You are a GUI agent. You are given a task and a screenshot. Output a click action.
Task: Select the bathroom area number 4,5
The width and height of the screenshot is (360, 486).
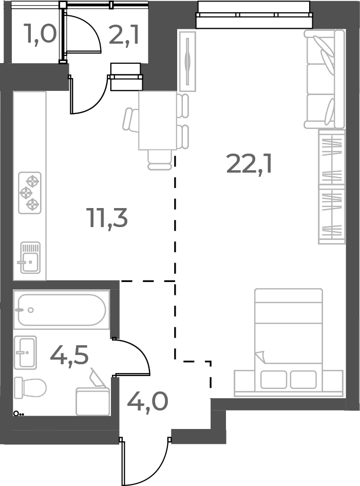pos(69,354)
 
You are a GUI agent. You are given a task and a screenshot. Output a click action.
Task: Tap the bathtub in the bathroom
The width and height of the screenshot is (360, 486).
pos(61,310)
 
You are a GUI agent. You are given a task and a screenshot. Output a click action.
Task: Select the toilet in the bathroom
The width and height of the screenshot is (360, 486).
pos(30,387)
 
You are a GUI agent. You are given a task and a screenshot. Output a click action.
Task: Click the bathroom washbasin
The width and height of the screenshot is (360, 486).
pos(25,352)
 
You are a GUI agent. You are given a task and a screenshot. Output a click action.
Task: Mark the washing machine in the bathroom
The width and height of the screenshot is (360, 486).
pos(92,401)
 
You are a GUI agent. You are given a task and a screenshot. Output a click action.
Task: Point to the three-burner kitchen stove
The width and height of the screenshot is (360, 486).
pos(30,193)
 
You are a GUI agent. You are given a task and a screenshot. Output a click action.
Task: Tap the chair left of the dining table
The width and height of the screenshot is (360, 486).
pos(130,120)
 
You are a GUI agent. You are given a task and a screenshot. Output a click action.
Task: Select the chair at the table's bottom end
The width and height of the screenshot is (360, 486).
pos(159,159)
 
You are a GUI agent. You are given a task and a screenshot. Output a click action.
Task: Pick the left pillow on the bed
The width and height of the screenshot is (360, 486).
pos(273,380)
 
